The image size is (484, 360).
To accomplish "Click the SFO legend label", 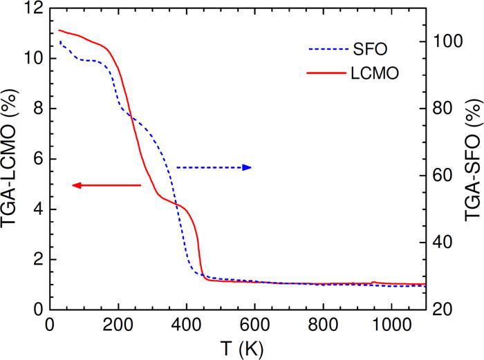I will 373,50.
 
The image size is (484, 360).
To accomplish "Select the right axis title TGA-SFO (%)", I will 473,160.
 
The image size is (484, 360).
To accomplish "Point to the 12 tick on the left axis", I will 35,9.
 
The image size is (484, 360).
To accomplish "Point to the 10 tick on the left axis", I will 35,59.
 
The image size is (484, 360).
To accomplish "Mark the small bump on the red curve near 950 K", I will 373,282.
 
